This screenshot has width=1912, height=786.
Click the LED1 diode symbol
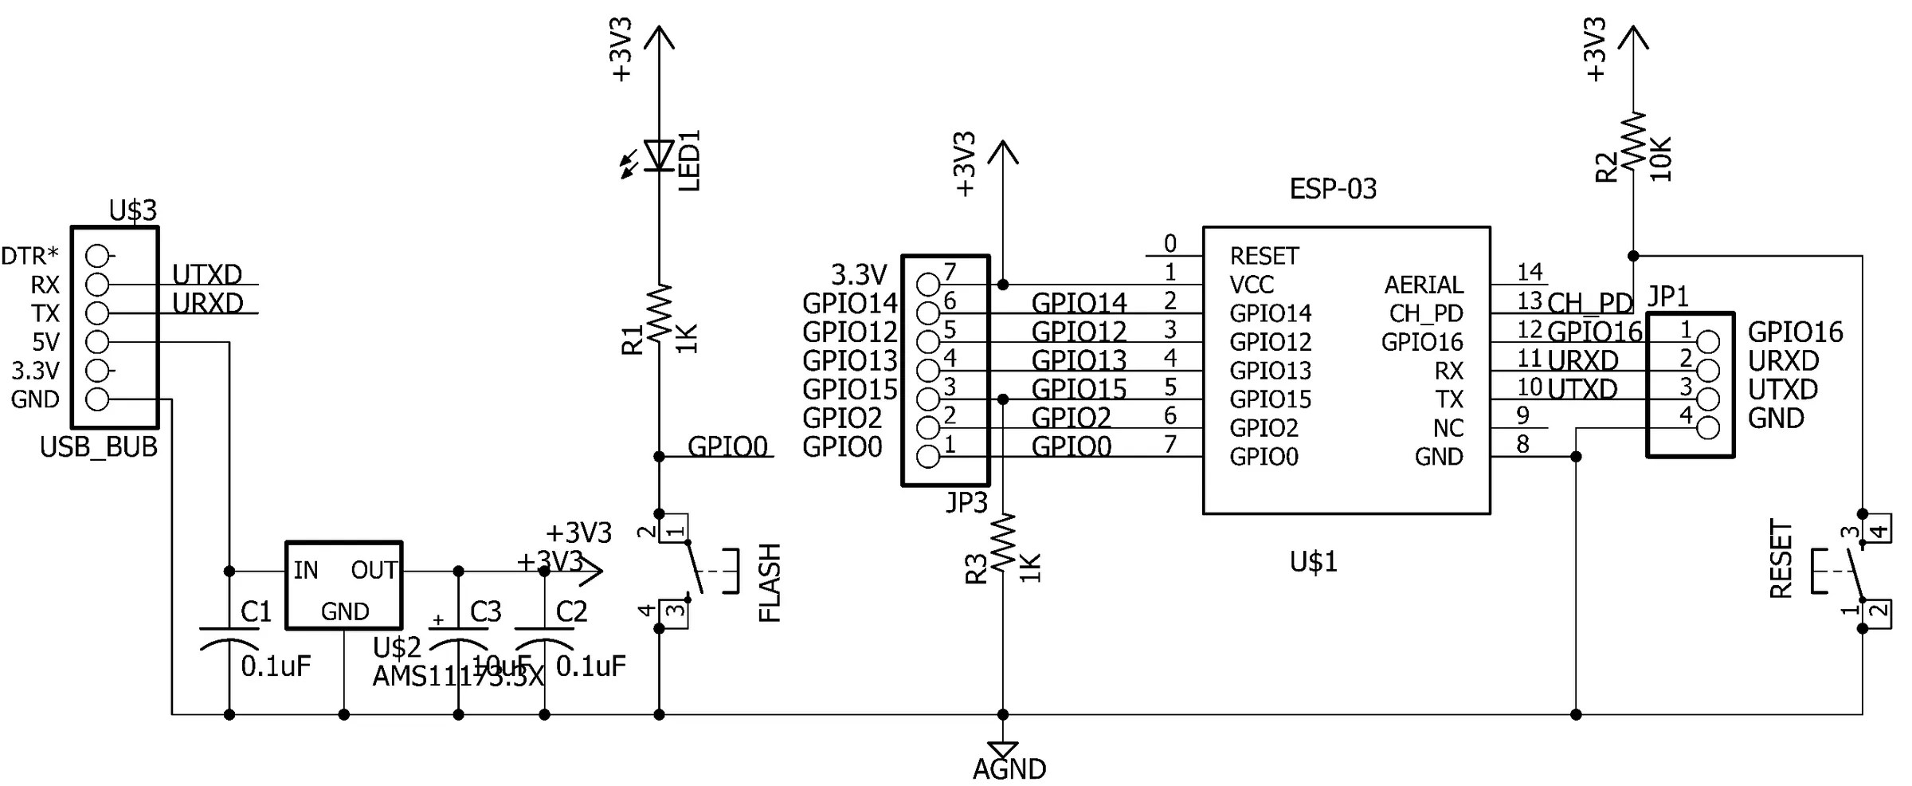660,155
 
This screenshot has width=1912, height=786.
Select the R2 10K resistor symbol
1633,140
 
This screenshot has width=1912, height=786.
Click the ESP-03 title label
1333,189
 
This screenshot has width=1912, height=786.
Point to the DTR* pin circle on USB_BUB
97,256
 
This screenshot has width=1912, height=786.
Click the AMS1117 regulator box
343,586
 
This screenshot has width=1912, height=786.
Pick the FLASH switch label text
770,583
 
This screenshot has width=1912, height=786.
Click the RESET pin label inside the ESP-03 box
1264,256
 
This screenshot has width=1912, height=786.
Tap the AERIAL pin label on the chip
1423,285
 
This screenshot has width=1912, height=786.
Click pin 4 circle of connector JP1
1708,428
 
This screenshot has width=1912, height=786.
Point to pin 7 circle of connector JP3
928,284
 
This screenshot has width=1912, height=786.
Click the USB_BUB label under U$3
99,447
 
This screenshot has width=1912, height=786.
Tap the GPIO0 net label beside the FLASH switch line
727,446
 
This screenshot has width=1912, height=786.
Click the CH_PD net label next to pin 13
1589,303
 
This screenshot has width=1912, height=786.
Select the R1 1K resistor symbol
660,313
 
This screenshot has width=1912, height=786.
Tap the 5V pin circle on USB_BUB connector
97,342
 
